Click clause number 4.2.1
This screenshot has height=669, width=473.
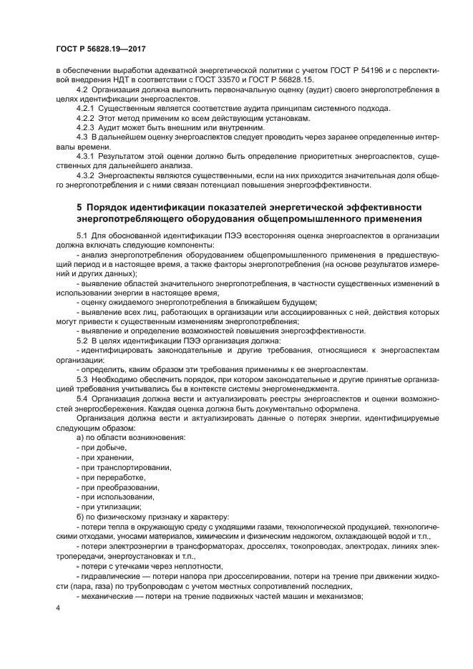coord(86,108)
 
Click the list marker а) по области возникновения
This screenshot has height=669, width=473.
coord(80,436)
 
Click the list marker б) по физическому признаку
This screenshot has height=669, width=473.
coord(80,517)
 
